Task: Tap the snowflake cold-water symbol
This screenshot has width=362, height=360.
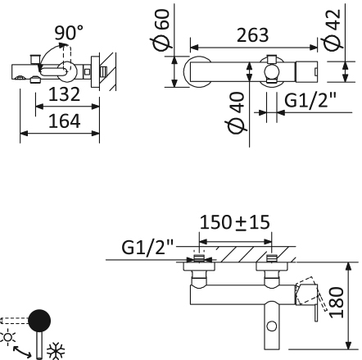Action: coord(58,348)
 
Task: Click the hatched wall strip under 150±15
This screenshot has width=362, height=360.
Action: coord(238,253)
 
